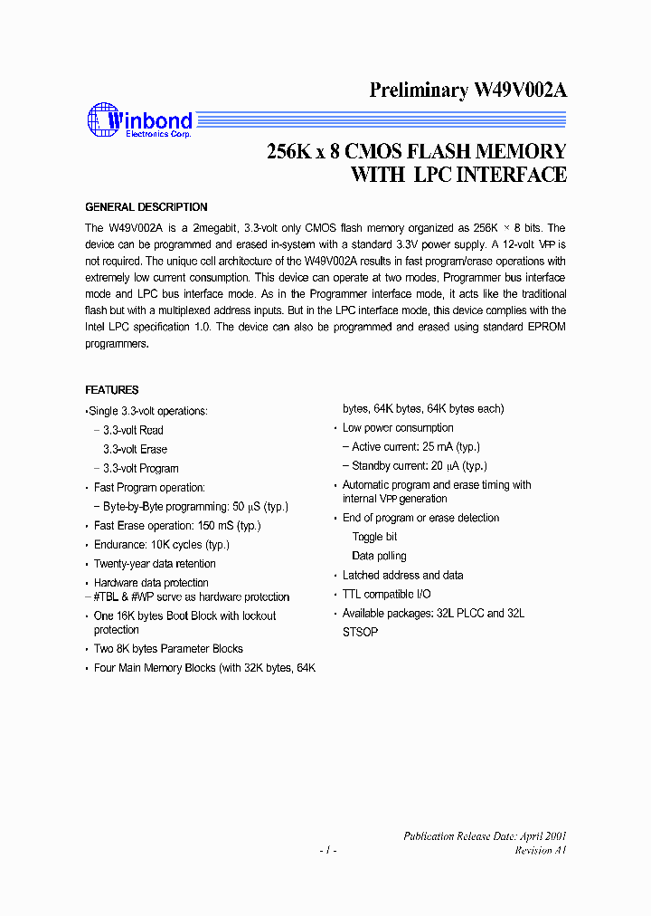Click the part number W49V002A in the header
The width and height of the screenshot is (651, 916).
pyautogui.click(x=519, y=91)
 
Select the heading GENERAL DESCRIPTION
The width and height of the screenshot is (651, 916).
pyautogui.click(x=146, y=207)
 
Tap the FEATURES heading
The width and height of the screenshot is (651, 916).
pyautogui.click(x=112, y=390)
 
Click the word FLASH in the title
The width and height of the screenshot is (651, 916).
pyautogui.click(x=429, y=152)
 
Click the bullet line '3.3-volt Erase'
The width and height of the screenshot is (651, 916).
pyautogui.click(x=135, y=450)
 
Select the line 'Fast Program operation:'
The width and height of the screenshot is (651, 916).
pyautogui.click(x=149, y=488)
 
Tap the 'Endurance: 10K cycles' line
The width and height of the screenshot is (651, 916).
pyautogui.click(x=162, y=545)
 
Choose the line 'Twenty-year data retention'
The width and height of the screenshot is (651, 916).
pyautogui.click(x=155, y=564)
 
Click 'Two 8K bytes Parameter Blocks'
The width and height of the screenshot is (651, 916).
pyautogui.click(x=168, y=649)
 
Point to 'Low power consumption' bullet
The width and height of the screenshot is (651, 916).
pyautogui.click(x=398, y=428)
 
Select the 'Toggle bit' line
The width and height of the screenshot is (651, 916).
pyautogui.click(x=374, y=537)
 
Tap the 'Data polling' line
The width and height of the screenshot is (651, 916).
pyautogui.click(x=379, y=556)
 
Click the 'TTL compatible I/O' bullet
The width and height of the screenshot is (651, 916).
pyautogui.click(x=387, y=594)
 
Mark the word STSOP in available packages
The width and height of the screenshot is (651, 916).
pyautogui.click(x=360, y=632)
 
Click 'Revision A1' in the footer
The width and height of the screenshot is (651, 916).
pyautogui.click(x=540, y=851)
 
